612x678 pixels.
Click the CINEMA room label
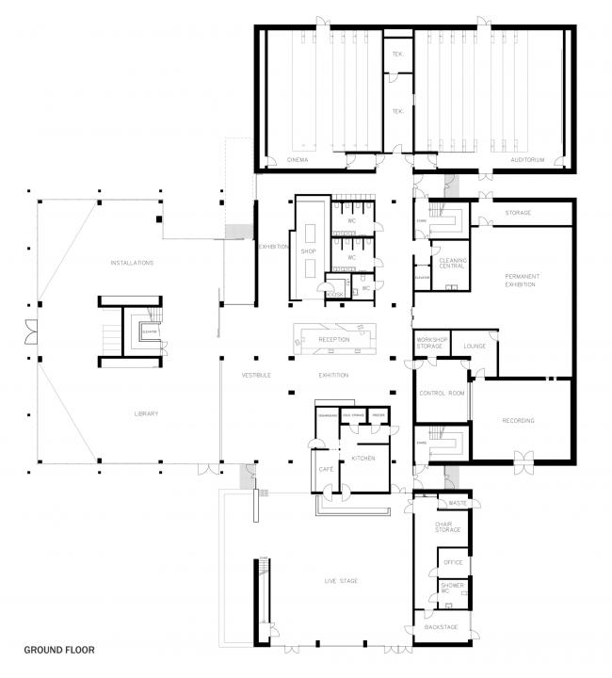coord(298,161)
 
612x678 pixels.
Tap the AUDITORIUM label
coord(527,161)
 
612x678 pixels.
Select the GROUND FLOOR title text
coord(58,649)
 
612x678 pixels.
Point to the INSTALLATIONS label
coord(132,263)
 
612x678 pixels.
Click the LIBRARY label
coord(145,413)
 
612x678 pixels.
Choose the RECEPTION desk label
coord(334,339)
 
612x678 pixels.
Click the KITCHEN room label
coord(363,458)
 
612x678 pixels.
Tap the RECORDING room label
coord(519,420)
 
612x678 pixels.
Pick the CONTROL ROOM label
coord(442,393)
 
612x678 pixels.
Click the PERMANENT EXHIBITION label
coord(520,280)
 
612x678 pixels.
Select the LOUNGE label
coord(474,347)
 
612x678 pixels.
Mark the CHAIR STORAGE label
coord(447,526)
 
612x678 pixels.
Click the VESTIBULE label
coord(256,376)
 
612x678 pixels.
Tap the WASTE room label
coord(459,503)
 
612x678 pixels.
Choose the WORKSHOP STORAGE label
coord(429,344)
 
